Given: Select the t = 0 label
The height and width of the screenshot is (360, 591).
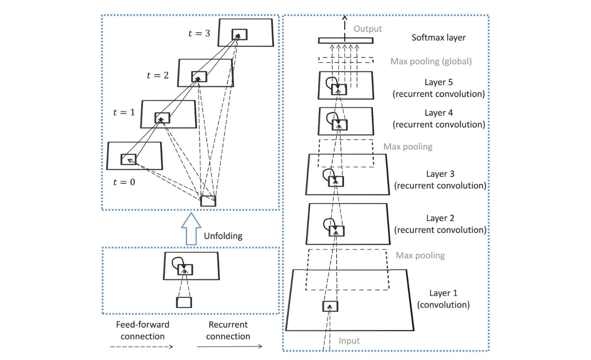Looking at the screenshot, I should coord(124,182).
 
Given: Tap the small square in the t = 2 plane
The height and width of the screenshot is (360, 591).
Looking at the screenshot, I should coord(199,77).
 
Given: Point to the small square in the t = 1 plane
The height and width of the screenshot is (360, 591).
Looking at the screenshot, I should coord(162,118).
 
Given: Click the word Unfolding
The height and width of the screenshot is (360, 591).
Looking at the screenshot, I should coord(223,236).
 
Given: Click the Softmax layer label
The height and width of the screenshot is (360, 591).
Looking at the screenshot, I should coord(438,38).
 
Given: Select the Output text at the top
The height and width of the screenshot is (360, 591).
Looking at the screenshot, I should coord(368,29).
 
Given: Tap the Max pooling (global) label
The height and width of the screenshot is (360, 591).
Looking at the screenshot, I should coord(431,62).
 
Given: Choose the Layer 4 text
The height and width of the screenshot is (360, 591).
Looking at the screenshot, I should coord(438,113).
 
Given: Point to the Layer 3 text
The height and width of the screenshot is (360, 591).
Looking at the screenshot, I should coord(440,174).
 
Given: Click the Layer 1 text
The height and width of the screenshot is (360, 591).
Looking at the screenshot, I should coord(443,293).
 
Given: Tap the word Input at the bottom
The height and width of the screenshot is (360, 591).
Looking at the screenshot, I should coord(349,340).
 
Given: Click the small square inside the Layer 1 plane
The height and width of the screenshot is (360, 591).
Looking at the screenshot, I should coord(330,306).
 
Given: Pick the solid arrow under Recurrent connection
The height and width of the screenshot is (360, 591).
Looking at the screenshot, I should coord(229,347).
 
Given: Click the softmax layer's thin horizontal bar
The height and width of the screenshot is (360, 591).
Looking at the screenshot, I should coord(345,41).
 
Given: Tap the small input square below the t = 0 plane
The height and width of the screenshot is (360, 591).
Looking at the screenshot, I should coord(208,201).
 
